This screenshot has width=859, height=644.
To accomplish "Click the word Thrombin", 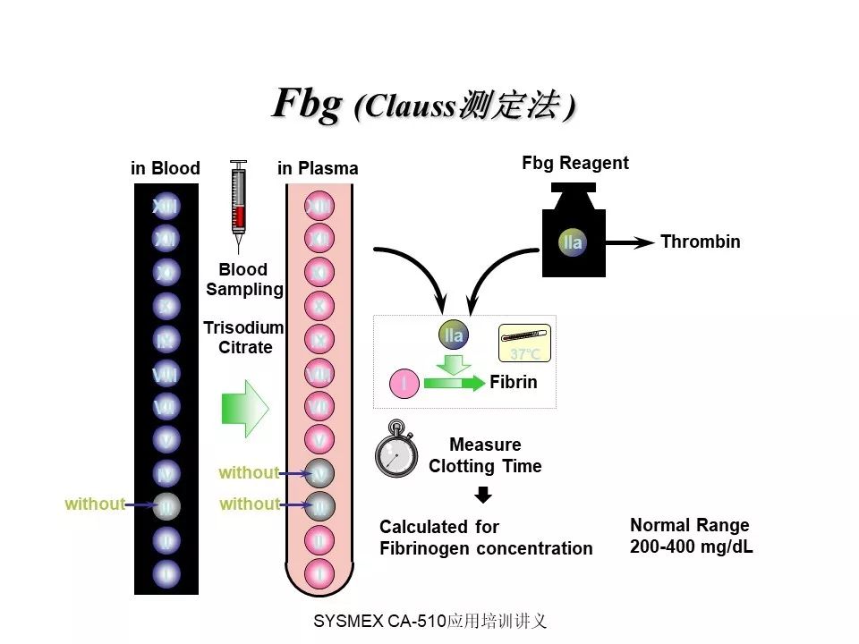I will tap(700, 241).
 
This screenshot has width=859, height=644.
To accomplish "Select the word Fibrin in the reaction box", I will tap(514, 382).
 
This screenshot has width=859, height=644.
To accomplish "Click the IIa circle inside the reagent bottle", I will tap(573, 242).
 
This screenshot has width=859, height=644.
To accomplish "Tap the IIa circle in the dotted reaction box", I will tap(454, 335).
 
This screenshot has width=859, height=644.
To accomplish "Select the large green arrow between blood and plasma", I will tap(244, 408).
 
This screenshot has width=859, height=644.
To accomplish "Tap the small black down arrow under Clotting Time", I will tap(483, 495).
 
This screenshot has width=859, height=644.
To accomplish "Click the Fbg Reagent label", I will tap(574, 163).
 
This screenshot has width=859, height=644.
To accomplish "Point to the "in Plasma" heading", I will tap(318, 168).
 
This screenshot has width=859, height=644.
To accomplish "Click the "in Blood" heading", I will tap(166, 168).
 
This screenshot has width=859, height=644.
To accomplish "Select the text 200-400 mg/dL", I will tap(691, 547).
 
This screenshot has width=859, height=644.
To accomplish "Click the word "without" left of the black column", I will tap(94, 504).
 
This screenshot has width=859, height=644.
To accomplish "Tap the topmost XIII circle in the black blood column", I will tap(166, 207).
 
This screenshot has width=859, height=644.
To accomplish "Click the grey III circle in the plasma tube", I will tap(319, 507).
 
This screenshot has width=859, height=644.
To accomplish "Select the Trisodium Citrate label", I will tap(244, 337).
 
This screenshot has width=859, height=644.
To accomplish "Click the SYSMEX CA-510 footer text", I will tap(429, 621).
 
